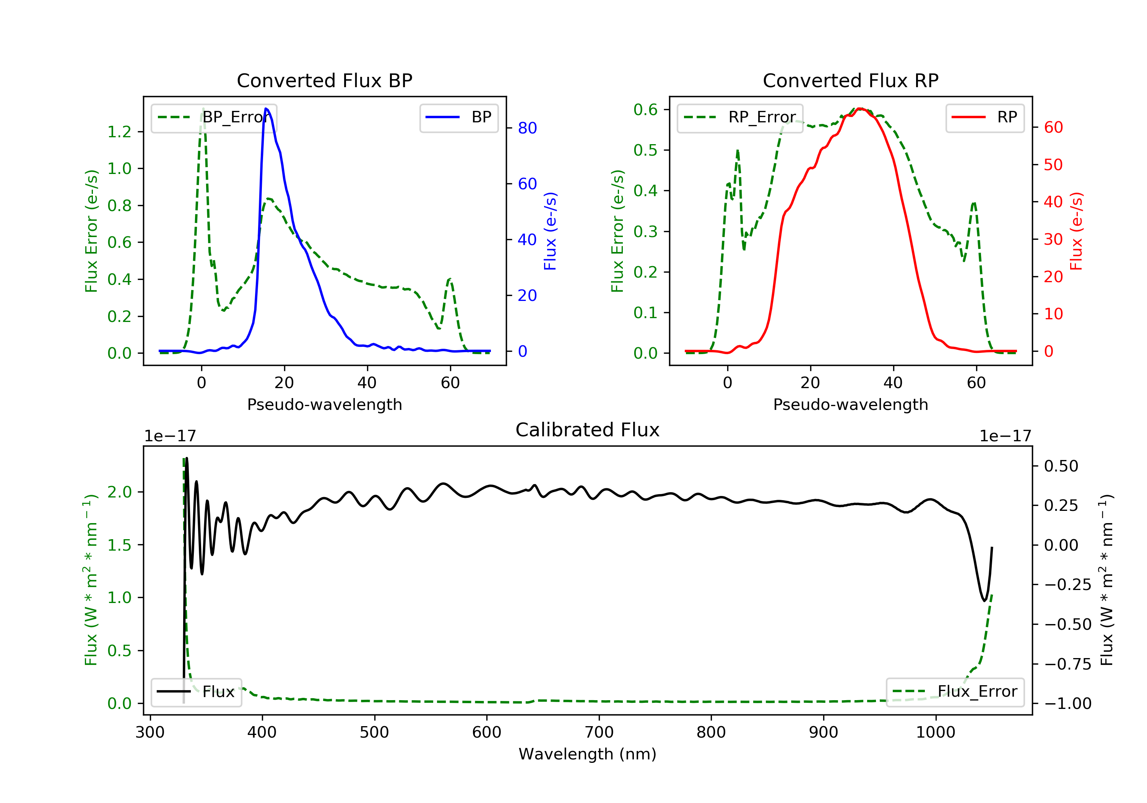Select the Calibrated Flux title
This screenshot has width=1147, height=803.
click(x=588, y=430)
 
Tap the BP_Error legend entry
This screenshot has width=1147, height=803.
click(x=213, y=118)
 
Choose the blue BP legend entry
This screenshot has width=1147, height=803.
click(x=458, y=117)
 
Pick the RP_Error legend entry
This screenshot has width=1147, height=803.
click(x=739, y=118)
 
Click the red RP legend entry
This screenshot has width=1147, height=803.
click(x=984, y=117)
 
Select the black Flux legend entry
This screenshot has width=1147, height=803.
click(x=196, y=692)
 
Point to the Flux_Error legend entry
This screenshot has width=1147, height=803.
click(x=955, y=692)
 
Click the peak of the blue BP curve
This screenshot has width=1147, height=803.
click(x=266, y=109)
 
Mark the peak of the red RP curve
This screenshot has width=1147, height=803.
click(x=860, y=109)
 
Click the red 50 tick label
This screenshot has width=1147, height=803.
click(x=1053, y=165)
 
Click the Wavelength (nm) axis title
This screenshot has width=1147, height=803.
click(x=588, y=754)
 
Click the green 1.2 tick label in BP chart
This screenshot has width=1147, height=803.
click(x=119, y=132)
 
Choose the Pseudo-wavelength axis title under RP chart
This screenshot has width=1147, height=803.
click(x=850, y=404)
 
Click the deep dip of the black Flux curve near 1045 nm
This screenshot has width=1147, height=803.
click(x=984, y=600)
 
